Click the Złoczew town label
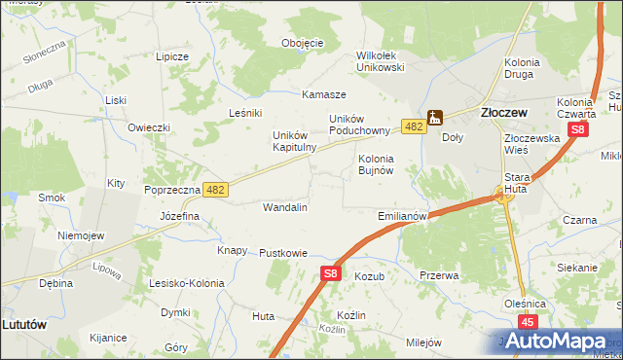point(504,113)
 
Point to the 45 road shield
point(529,322)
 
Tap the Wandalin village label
point(285,207)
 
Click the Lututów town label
point(25,324)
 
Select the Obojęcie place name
point(302,44)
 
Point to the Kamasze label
point(324,94)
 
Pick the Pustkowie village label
point(283,253)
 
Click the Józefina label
point(179,215)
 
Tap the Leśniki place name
point(246,112)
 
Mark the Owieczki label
point(149,127)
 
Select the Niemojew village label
point(81,235)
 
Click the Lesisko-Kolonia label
point(186,284)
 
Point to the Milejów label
point(423,342)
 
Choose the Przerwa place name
point(439,275)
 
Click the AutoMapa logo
point(562,342)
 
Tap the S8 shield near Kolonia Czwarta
point(578,128)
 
